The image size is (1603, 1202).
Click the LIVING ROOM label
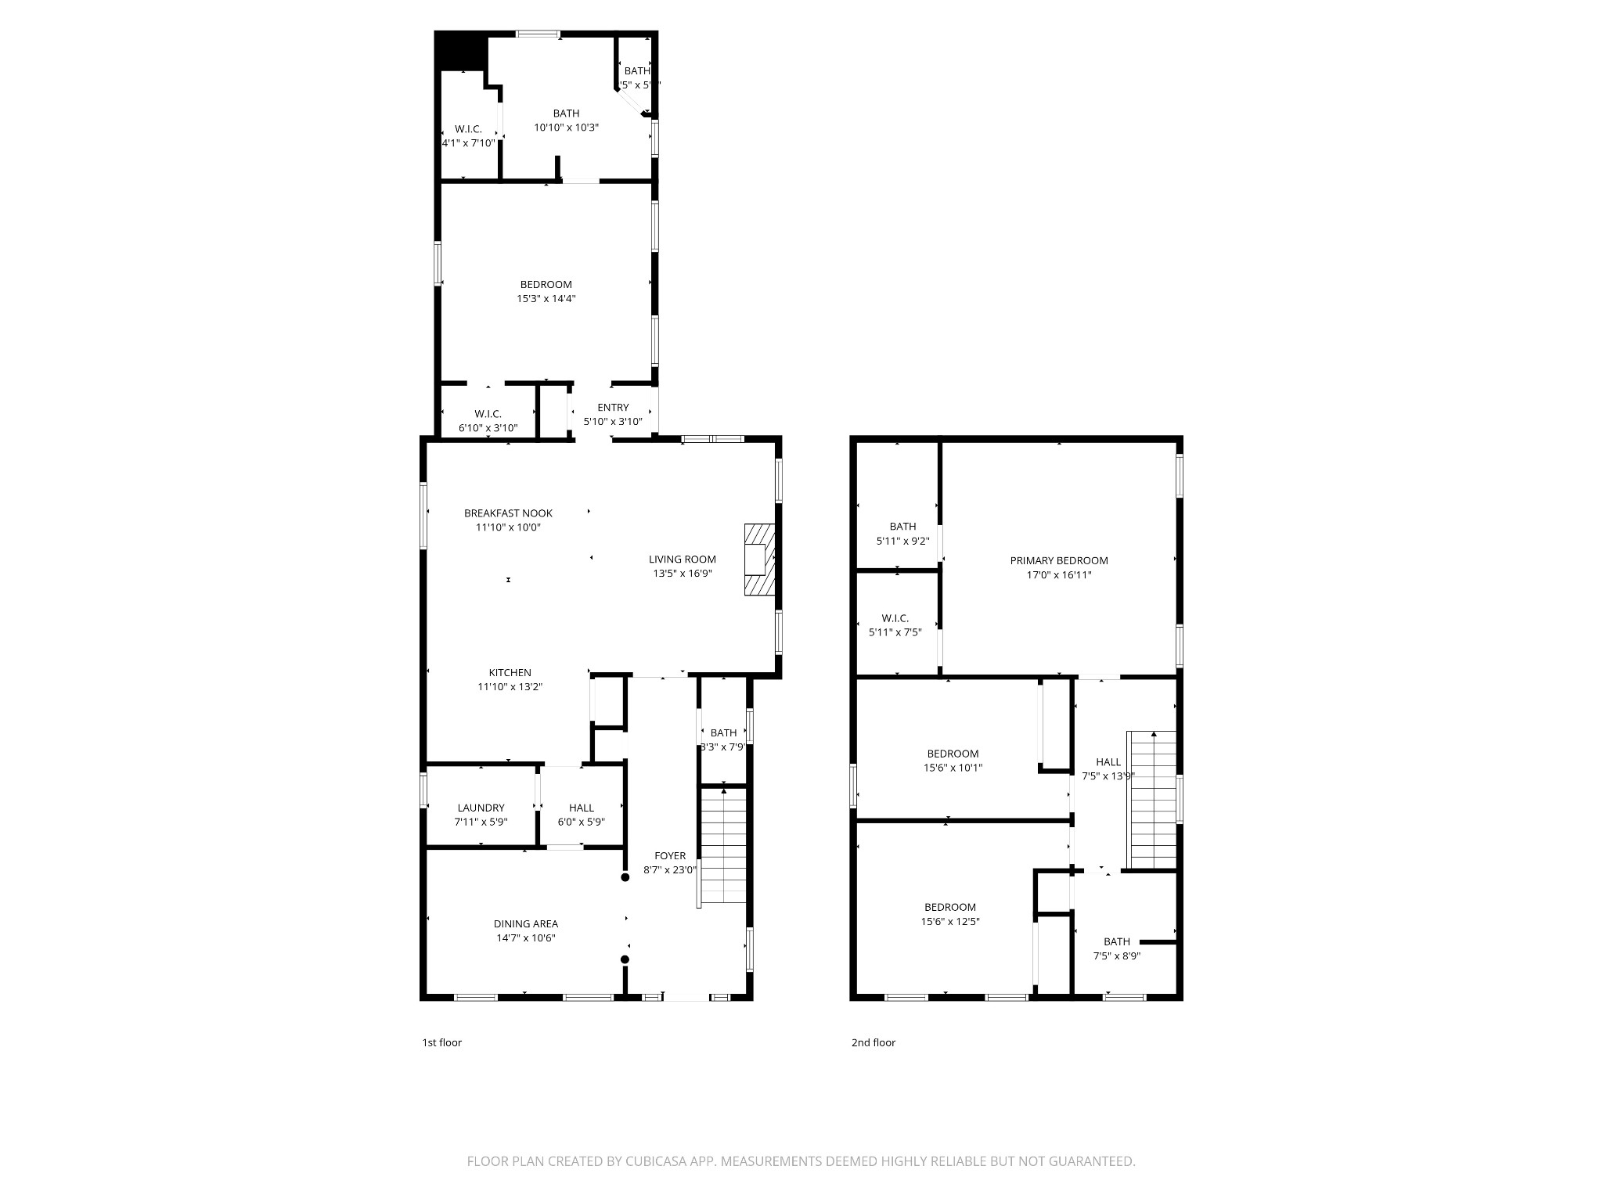pyautogui.click(x=682, y=559)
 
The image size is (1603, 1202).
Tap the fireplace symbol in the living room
pyautogui.click(x=758, y=560)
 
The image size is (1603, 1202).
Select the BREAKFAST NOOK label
pyautogui.click(x=508, y=513)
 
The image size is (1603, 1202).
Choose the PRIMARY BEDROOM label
pyautogui.click(x=1058, y=560)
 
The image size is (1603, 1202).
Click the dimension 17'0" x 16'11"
pyautogui.click(x=1058, y=575)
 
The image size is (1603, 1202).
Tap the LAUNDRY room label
pyautogui.click(x=481, y=808)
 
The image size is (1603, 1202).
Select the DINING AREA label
pyautogui.click(x=525, y=923)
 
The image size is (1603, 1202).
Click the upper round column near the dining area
pyautogui.click(x=625, y=877)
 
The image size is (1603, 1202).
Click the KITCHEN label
pyautogui.click(x=510, y=672)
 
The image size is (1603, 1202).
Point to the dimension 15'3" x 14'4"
pyautogui.click(x=546, y=298)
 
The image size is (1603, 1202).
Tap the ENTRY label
pyautogui.click(x=613, y=407)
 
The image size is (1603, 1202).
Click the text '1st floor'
pyautogui.click(x=441, y=1042)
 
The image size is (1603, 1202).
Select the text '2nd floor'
pyautogui.click(x=873, y=1042)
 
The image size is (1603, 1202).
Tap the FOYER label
pyautogui.click(x=670, y=855)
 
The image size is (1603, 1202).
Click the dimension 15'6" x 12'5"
pyautogui.click(x=949, y=922)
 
